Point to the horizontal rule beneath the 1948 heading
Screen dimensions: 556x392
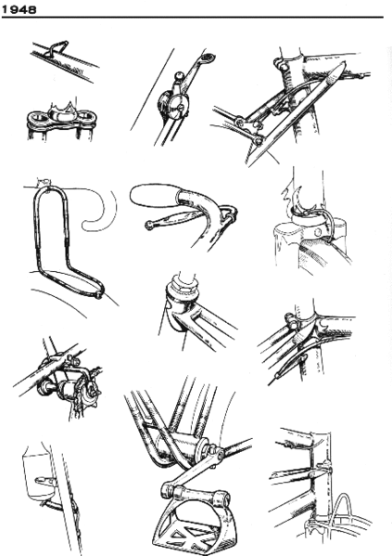pos(196,19)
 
